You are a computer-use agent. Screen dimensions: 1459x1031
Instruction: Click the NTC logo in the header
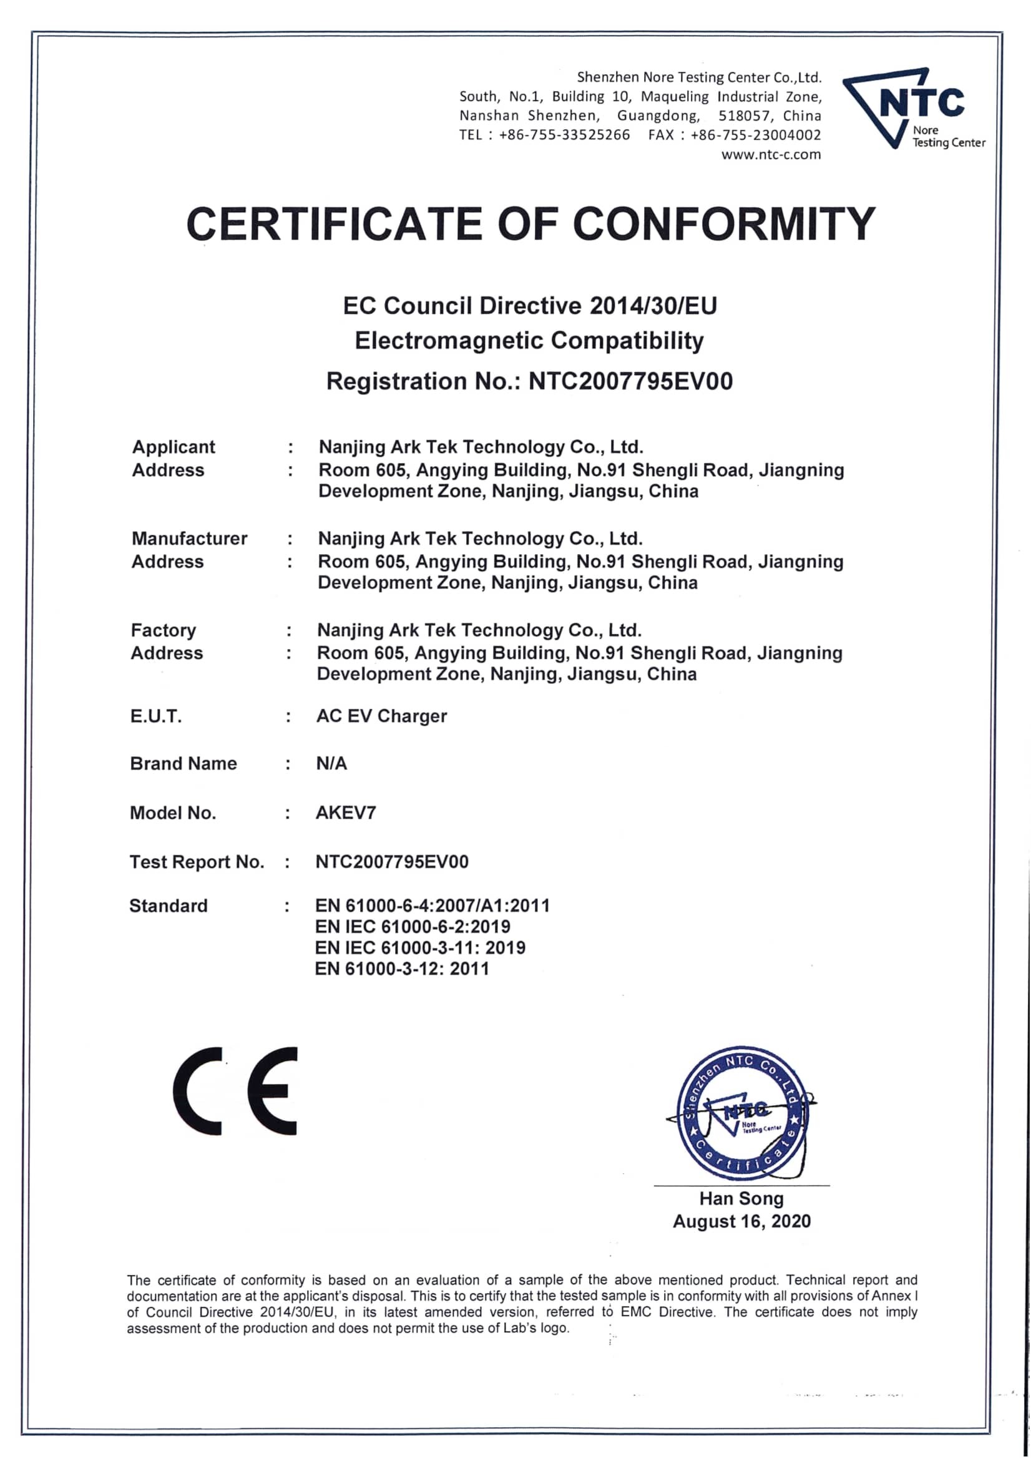(913, 108)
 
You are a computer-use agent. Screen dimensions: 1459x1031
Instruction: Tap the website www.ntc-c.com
(770, 154)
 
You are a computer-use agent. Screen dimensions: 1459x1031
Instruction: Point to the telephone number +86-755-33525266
(564, 135)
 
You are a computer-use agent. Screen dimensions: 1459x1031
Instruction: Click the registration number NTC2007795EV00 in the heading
(630, 381)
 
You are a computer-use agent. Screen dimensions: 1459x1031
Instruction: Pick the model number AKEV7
(346, 812)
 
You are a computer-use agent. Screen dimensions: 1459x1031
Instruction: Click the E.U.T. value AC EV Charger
(381, 716)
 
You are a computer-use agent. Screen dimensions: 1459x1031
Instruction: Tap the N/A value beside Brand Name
(331, 763)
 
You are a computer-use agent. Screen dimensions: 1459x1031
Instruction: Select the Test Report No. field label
(197, 862)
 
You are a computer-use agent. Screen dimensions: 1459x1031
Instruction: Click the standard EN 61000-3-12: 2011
(402, 969)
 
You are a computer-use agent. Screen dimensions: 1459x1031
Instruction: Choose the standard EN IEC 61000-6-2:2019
(413, 927)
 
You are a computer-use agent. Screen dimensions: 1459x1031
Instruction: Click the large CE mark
(235, 1091)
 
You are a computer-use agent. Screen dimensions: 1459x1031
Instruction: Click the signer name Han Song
(741, 1198)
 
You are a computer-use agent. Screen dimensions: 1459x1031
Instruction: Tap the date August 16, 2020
(741, 1221)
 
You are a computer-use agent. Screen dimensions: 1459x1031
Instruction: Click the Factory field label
(164, 630)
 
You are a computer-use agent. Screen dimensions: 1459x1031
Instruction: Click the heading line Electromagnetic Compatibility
(529, 341)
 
